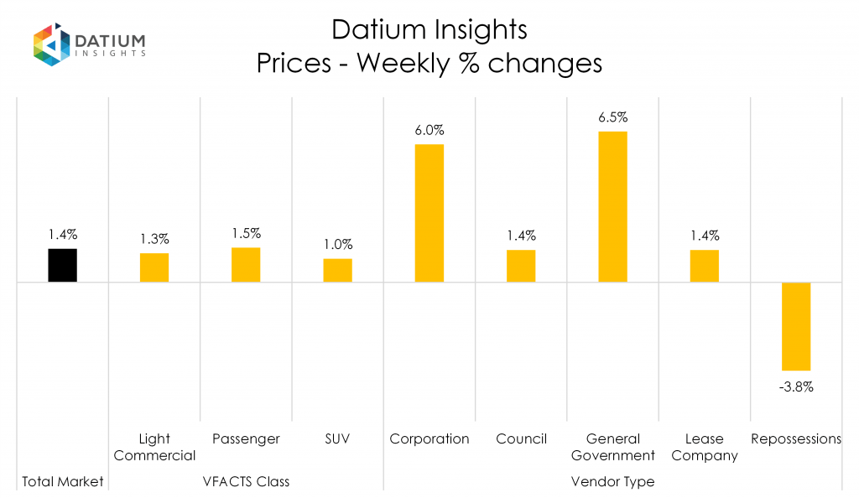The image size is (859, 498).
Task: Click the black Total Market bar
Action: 63,265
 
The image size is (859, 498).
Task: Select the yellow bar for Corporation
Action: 429,213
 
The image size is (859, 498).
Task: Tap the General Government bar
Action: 612,207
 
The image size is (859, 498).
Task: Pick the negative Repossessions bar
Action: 796,326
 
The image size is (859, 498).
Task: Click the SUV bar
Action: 338,270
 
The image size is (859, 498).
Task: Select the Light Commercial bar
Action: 154,267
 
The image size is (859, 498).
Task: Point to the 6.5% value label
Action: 612,117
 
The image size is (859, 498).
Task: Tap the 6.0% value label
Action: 429,130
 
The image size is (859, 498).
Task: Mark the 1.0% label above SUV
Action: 338,245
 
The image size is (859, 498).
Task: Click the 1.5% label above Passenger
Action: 246,234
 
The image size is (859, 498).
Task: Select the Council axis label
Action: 521,438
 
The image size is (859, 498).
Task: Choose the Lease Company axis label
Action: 705,447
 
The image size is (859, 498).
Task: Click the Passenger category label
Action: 246,438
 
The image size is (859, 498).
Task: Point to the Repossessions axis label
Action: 796,438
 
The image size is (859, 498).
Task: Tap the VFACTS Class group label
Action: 246,481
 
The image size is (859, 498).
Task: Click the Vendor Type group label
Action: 612,481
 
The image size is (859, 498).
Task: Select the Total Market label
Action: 63,481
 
